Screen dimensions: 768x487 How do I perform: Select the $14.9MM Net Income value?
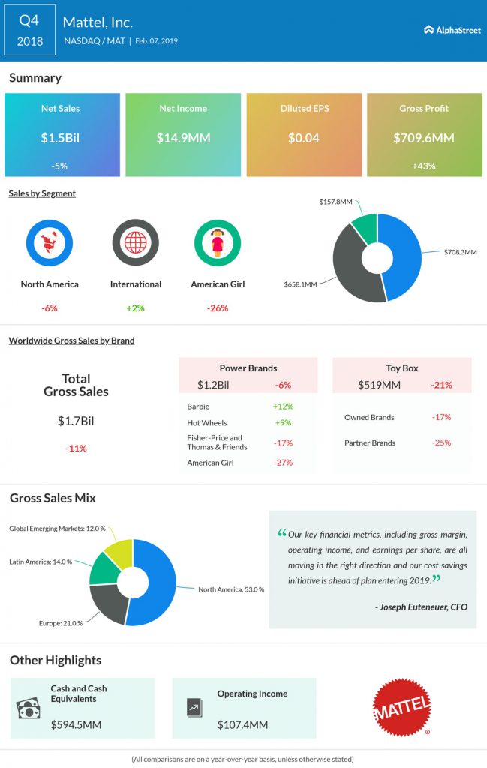[x=182, y=138]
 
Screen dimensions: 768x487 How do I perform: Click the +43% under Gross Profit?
[x=424, y=166]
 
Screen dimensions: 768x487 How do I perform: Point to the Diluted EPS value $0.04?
[x=303, y=138]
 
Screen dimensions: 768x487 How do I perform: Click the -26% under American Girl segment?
[x=218, y=307]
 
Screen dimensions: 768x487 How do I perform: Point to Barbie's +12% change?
[x=284, y=406]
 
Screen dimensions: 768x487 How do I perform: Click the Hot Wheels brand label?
[x=207, y=422]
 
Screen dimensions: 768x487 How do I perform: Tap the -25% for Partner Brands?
[x=441, y=442]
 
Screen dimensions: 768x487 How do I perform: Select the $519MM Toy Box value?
[x=380, y=385]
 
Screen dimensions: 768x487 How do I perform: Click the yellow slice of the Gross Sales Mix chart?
[x=120, y=552]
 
